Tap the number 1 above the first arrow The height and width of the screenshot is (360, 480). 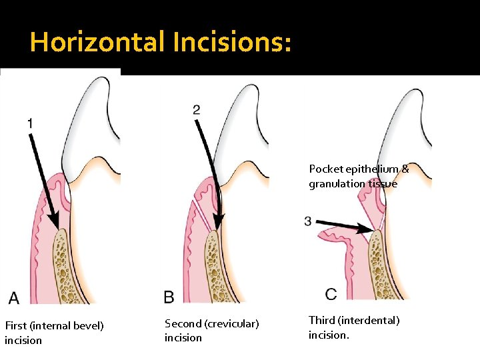pyautogui.click(x=30, y=123)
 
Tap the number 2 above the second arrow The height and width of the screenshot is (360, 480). pyautogui.click(x=197, y=109)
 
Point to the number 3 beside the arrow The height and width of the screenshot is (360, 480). pyautogui.click(x=307, y=221)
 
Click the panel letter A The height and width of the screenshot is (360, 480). pyautogui.click(x=14, y=297)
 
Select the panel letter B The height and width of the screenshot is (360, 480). pyautogui.click(x=169, y=297)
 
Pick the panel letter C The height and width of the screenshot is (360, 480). pyautogui.click(x=331, y=294)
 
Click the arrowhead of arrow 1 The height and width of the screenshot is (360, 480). pyautogui.click(x=55, y=221)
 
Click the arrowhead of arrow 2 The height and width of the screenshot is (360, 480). pyautogui.click(x=219, y=221)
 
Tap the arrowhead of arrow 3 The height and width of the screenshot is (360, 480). pyautogui.click(x=365, y=229)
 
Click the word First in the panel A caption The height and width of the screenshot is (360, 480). pyautogui.click(x=16, y=325)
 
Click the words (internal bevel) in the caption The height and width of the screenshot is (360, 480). pyautogui.click(x=67, y=325)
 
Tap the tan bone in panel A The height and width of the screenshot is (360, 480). pyautogui.click(x=66, y=266)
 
